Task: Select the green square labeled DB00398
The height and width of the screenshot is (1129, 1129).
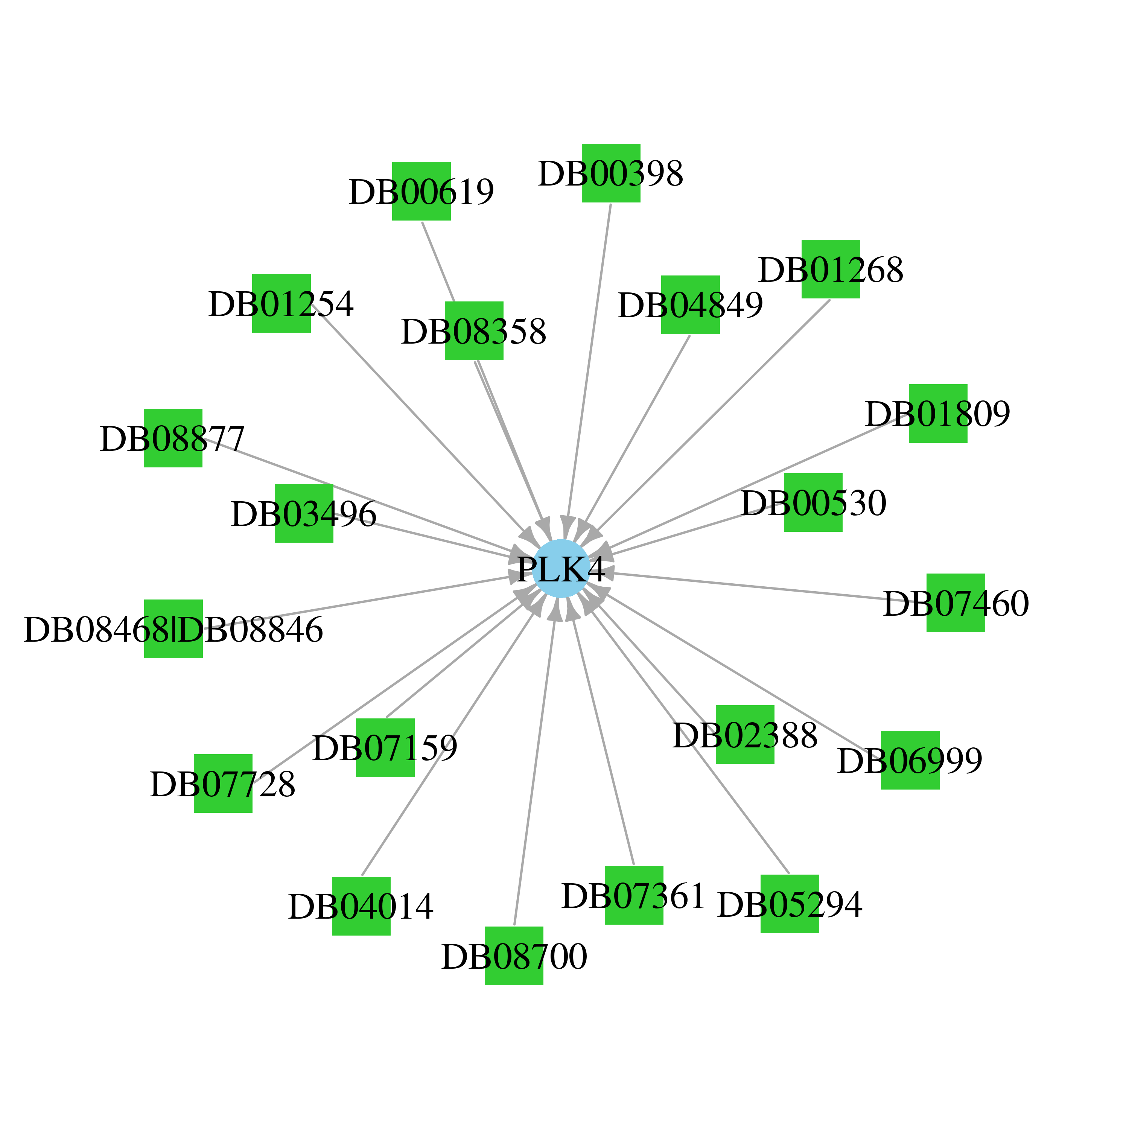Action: click(611, 173)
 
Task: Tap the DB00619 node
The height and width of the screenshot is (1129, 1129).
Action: click(421, 191)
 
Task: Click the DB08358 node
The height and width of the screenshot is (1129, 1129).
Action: click(474, 331)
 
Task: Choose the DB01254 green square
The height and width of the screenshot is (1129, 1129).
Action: click(281, 303)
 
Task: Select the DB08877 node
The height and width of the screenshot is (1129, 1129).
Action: click(173, 438)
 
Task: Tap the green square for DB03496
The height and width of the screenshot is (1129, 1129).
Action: click(304, 513)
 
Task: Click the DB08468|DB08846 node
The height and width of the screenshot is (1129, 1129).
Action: click(173, 629)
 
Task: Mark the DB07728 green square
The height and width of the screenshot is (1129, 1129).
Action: click(223, 783)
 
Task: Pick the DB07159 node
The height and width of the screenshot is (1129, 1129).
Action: click(385, 747)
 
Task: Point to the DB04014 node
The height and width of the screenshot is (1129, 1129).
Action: click(361, 906)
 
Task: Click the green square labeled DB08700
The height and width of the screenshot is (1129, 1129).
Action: click(514, 956)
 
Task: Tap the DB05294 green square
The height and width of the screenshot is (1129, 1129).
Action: click(790, 904)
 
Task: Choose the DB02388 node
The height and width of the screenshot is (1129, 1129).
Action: click(745, 735)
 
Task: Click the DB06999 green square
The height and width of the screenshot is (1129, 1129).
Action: click(910, 760)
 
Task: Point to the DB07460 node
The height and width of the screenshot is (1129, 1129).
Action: click(956, 603)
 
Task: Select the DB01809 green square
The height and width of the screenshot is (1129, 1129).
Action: click(938, 413)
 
